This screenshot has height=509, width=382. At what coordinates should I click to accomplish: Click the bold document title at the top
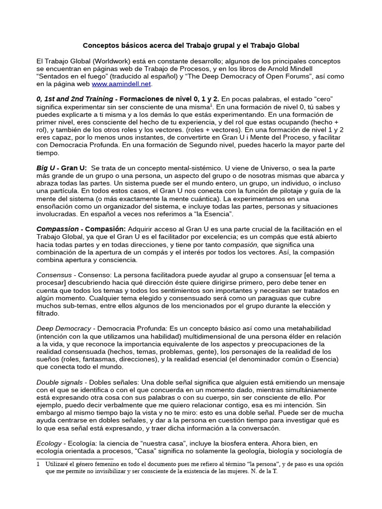pyautogui.click(x=191, y=45)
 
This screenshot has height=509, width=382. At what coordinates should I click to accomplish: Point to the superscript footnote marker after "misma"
pyautogui.click(x=211, y=105)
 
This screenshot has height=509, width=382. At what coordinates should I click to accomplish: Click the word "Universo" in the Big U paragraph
pyautogui.click(x=249, y=168)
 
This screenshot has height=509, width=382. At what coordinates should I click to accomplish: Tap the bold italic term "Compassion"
pyautogui.click(x=57, y=229)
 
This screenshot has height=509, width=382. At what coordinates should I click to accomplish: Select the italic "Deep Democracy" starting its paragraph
pyautogui.click(x=63, y=328)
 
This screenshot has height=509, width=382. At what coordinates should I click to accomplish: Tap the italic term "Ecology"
pyautogui.click(x=49, y=443)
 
